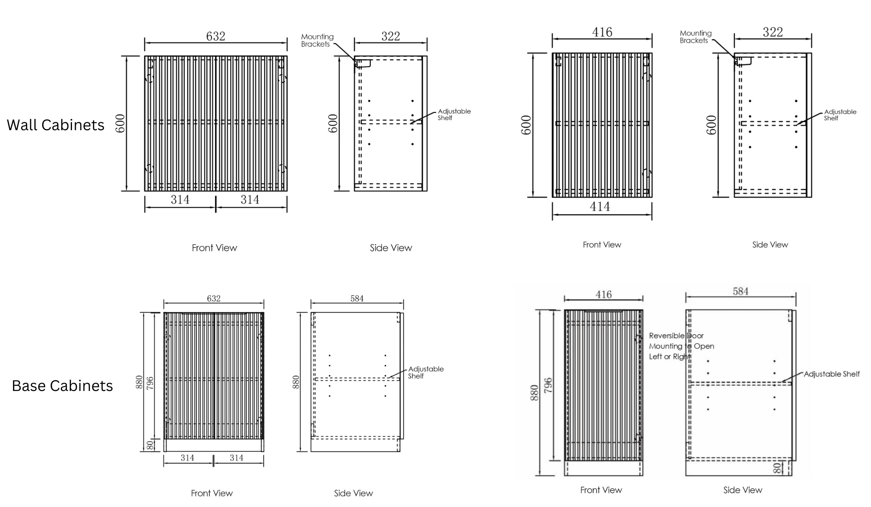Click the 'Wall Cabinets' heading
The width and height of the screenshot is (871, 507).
tap(56, 125)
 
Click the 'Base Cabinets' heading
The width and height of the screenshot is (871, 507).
tap(62, 386)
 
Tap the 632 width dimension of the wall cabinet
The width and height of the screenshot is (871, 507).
tap(216, 36)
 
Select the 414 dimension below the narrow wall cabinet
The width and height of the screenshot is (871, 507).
tap(600, 207)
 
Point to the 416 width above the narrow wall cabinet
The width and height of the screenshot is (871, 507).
tap(602, 32)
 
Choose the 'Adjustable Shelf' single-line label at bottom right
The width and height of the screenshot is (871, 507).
tap(832, 374)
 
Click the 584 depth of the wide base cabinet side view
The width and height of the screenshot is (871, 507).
tap(357, 298)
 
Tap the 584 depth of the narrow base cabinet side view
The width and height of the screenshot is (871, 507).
tap(740, 291)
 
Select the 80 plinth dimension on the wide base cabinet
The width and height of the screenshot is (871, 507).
tap(150, 445)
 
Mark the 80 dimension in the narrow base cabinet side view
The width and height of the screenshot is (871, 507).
tap(777, 468)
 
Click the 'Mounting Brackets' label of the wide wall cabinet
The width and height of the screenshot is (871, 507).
tap(317, 40)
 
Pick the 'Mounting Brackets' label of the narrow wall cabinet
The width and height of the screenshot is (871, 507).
tap(695, 37)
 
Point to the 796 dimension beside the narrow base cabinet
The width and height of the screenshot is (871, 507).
tap(548, 385)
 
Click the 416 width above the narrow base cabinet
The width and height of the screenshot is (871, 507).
tap(603, 294)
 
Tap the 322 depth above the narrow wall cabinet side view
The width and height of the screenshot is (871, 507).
tap(773, 32)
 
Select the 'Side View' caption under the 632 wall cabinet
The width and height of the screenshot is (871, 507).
tap(391, 248)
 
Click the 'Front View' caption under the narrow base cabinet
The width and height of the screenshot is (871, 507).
tap(601, 490)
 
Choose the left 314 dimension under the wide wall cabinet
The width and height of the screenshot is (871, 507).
tap(180, 200)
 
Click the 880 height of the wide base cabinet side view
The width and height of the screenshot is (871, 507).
tap(296, 382)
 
